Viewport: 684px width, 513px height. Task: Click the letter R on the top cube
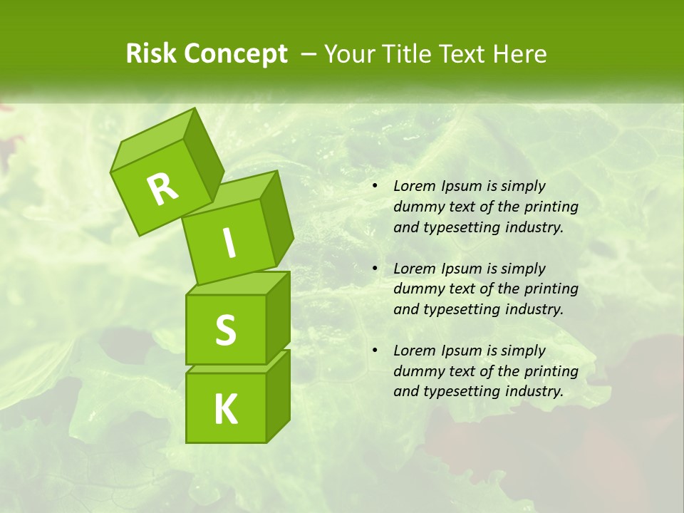coord(162,190)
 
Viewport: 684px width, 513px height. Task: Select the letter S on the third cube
coord(225,330)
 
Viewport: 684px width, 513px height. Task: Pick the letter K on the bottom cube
coord(225,410)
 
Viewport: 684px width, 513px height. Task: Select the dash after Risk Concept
coord(309,55)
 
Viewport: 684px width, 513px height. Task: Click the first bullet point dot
coord(375,187)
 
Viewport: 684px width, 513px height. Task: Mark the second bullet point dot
coord(375,269)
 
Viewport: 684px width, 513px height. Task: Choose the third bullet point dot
coord(375,351)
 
